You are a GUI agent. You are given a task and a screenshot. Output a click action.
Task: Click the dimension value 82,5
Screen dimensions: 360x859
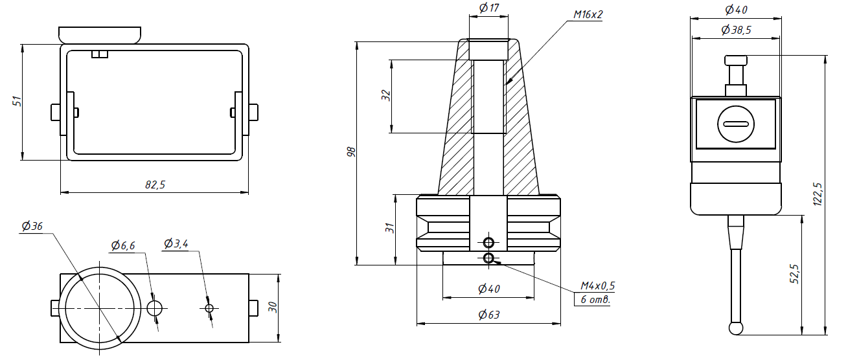tap(155, 185)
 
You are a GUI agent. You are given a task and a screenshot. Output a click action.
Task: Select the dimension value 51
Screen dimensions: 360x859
tap(17, 101)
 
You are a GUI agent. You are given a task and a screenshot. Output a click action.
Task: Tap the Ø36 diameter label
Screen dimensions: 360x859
tap(32, 227)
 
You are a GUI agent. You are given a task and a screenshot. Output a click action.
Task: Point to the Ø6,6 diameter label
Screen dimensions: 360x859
tap(122, 245)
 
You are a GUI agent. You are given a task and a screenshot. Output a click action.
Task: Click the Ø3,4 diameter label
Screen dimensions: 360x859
tap(176, 244)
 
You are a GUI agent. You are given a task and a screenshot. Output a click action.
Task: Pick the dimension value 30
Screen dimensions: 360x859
tap(273, 308)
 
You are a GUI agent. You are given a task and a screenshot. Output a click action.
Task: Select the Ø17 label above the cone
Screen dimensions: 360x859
tap(488, 8)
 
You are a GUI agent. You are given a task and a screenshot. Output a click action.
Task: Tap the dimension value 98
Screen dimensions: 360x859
tap(351, 152)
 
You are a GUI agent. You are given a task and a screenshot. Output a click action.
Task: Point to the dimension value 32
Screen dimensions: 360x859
tap(386, 96)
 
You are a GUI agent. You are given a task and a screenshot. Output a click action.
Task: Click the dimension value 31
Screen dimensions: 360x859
tap(389, 229)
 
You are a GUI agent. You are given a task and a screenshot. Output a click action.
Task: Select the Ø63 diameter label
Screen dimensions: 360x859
tap(488, 315)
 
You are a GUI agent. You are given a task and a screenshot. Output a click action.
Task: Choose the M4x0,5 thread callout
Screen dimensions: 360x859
tap(597, 286)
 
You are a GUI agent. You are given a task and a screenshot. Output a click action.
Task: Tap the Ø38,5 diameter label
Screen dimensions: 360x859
tap(735, 30)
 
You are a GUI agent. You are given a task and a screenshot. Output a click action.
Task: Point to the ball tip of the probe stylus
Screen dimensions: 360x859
tap(737, 328)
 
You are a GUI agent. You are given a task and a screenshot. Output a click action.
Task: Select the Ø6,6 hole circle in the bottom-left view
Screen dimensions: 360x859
tap(155, 308)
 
